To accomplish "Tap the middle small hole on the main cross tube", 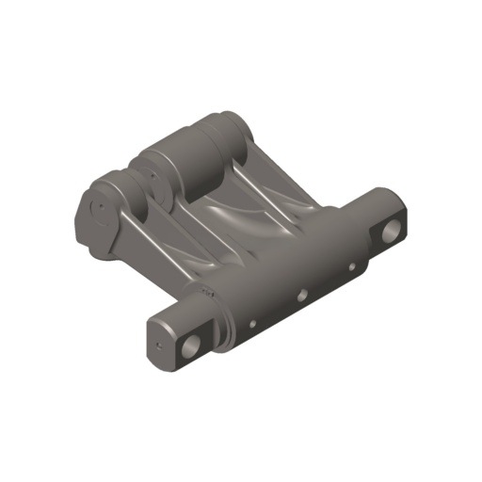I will coord(302,295).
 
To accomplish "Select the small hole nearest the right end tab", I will coord(352,266).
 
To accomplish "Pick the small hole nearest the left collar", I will coord(251,326).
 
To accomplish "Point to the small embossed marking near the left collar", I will coord(209,294).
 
